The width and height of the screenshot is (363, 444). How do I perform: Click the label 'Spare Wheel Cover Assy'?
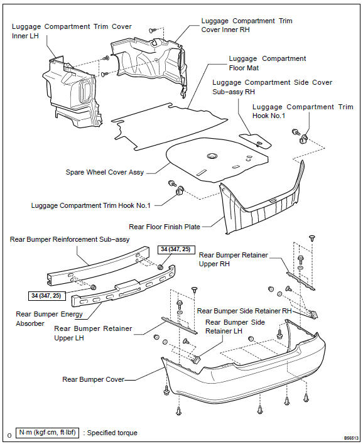coord(105,172)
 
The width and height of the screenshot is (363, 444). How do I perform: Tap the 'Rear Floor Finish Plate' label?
coord(165,227)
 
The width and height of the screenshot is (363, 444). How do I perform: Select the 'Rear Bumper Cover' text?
coord(93,379)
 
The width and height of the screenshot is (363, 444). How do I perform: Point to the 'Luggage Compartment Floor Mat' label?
coord(268,63)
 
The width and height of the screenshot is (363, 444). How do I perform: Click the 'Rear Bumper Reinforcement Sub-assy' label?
coord(70,239)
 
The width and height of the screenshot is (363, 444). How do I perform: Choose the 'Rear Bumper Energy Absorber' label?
coord(49,318)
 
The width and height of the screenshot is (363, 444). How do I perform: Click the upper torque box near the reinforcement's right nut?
coord(176,249)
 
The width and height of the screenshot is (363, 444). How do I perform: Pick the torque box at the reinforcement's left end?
coord(47,296)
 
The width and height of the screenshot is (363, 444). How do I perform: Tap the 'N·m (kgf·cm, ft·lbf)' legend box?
coord(47,433)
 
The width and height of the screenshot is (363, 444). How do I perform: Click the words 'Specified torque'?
coord(112,433)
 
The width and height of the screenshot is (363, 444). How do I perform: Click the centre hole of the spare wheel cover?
coord(212,156)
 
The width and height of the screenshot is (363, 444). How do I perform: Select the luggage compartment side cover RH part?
coord(256,141)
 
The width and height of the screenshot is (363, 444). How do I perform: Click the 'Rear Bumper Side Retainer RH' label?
coord(244,311)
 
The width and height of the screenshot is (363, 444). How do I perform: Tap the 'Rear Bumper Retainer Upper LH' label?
coord(93,333)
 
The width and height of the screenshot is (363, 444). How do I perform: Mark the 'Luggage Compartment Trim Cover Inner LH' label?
coord(72,31)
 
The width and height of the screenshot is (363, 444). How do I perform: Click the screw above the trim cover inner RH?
coord(153,30)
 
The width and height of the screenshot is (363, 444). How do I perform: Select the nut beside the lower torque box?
coord(92,288)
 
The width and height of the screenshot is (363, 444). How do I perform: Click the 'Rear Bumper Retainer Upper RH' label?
coord(233,259)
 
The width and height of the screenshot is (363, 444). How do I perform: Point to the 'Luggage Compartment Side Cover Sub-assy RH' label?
coord(272,87)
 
